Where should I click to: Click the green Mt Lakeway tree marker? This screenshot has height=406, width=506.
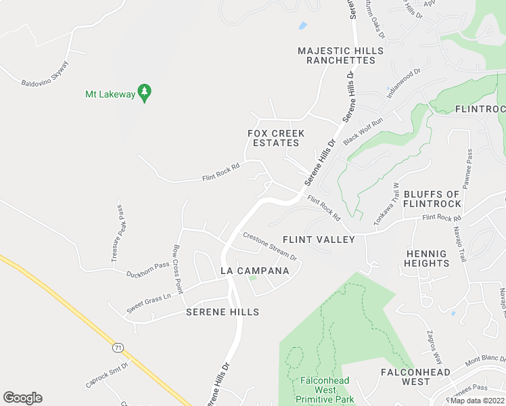pyautogui.click(x=144, y=93)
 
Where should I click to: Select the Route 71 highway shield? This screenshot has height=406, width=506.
pyautogui.click(x=118, y=347)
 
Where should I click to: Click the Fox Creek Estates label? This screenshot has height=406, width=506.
pyautogui.click(x=276, y=138)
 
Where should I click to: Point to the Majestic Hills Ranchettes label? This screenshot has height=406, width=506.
pyautogui.click(x=340, y=55)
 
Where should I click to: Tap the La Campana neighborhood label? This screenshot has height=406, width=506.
pyautogui.click(x=255, y=271)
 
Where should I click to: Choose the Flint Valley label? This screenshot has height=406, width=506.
pyautogui.click(x=318, y=240)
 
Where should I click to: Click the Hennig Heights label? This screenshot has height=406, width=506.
pyautogui.click(x=426, y=258)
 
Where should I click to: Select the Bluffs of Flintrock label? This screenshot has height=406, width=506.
pyautogui.click(x=432, y=199)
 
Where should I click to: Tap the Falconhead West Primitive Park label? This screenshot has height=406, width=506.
pyautogui.click(x=325, y=390)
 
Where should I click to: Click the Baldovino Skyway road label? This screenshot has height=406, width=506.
pyautogui.click(x=45, y=74)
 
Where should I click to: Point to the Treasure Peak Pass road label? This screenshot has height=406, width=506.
pyautogui.click(x=118, y=233)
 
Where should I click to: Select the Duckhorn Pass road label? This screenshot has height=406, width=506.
pyautogui.click(x=147, y=269)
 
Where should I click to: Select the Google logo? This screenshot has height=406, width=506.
pyautogui.click(x=22, y=398)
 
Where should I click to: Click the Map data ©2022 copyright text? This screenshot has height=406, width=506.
pyautogui.click(x=477, y=401)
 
